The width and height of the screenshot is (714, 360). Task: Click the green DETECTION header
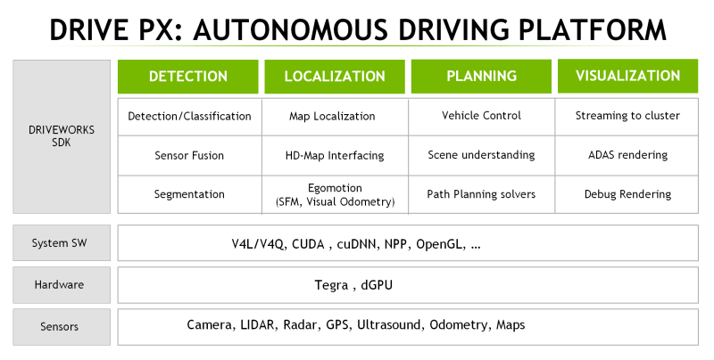click(x=188, y=77)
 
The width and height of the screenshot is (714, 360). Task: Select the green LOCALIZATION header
click(x=333, y=77)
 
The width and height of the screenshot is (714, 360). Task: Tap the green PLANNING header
click(x=481, y=77)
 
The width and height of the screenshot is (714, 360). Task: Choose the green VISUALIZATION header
click(x=627, y=76)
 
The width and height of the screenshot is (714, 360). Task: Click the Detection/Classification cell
click(x=189, y=116)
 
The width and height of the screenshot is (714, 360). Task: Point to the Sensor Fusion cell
click(x=189, y=155)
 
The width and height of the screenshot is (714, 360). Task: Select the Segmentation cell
click(x=189, y=194)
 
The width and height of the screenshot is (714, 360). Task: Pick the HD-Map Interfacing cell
click(x=335, y=155)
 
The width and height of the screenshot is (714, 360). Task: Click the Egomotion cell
click(x=335, y=195)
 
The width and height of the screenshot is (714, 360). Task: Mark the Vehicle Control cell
click(x=481, y=116)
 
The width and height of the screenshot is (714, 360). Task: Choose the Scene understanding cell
click(x=481, y=155)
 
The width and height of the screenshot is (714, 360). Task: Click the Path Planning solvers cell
click(x=481, y=194)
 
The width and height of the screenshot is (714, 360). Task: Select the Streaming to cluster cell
click(x=627, y=116)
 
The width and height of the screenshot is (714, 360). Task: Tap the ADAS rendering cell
click(x=627, y=155)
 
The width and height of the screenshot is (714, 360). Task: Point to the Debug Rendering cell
click(x=627, y=194)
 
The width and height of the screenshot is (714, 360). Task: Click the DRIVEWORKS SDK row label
click(x=62, y=136)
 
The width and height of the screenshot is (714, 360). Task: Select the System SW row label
click(x=62, y=243)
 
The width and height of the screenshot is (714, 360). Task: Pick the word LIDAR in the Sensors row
click(x=258, y=325)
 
